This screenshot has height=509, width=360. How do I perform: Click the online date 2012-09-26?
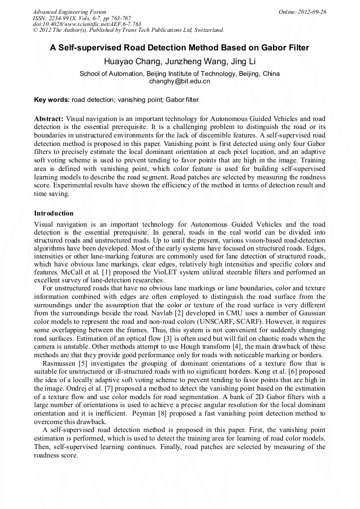pyautogui.click(x=311, y=12)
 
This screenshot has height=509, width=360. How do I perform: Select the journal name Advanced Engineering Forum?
pyautogui.click(x=70, y=12)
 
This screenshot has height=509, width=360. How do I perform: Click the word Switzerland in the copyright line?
pyautogui.click(x=207, y=30)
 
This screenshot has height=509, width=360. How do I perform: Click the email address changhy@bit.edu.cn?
pyautogui.click(x=179, y=81)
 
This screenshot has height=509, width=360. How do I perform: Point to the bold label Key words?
pyautogui.click(x=52, y=99)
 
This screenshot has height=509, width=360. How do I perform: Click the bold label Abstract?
pyautogui.click(x=49, y=118)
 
